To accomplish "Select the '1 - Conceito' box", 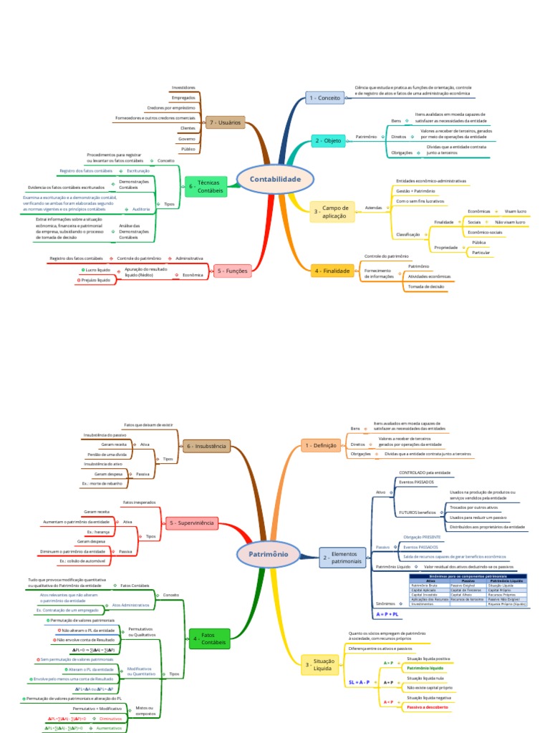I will click(x=324, y=97).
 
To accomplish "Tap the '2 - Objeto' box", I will click(x=328, y=141).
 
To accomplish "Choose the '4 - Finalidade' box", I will click(x=332, y=271).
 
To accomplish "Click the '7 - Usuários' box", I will click(x=225, y=122).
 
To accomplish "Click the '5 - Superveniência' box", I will click(x=192, y=523).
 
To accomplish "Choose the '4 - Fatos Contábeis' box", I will click(x=209, y=639).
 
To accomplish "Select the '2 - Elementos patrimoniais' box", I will click(x=341, y=557).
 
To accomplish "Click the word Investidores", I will click(x=183, y=87).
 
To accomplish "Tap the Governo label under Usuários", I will click(x=187, y=138).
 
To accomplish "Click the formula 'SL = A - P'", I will click(x=359, y=683).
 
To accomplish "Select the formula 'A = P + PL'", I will click(x=387, y=614).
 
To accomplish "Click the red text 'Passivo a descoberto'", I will click(x=427, y=707).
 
